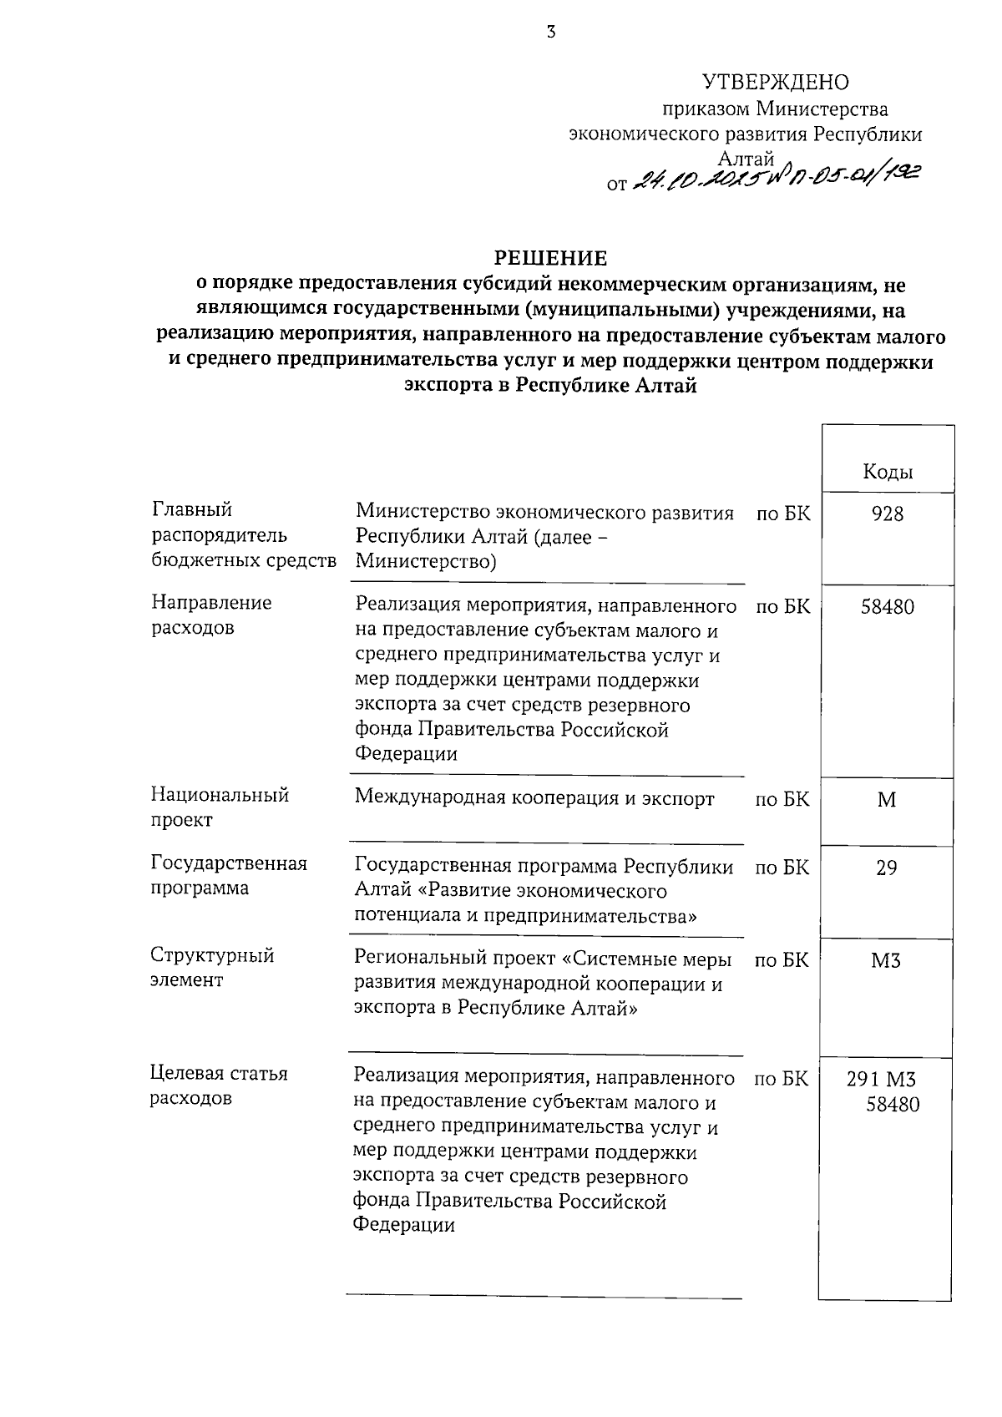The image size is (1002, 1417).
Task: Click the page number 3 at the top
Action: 550,33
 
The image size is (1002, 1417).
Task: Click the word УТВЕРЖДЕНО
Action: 775,82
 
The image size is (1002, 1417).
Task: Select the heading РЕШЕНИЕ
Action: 550,257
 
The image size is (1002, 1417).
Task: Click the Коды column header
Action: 887,473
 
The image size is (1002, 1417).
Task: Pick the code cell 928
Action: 887,514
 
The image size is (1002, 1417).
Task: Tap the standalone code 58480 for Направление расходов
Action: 887,606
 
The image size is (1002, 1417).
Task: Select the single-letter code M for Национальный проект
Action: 887,800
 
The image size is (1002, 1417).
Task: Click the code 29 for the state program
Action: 887,868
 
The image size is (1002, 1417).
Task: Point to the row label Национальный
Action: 220,795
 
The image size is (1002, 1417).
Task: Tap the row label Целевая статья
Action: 219,1073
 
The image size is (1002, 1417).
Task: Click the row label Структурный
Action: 212,955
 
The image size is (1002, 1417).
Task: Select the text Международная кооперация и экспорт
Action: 534,799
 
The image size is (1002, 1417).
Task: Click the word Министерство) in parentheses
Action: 426,562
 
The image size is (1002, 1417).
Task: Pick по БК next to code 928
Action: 782,514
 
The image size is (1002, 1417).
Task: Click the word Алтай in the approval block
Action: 746,159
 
